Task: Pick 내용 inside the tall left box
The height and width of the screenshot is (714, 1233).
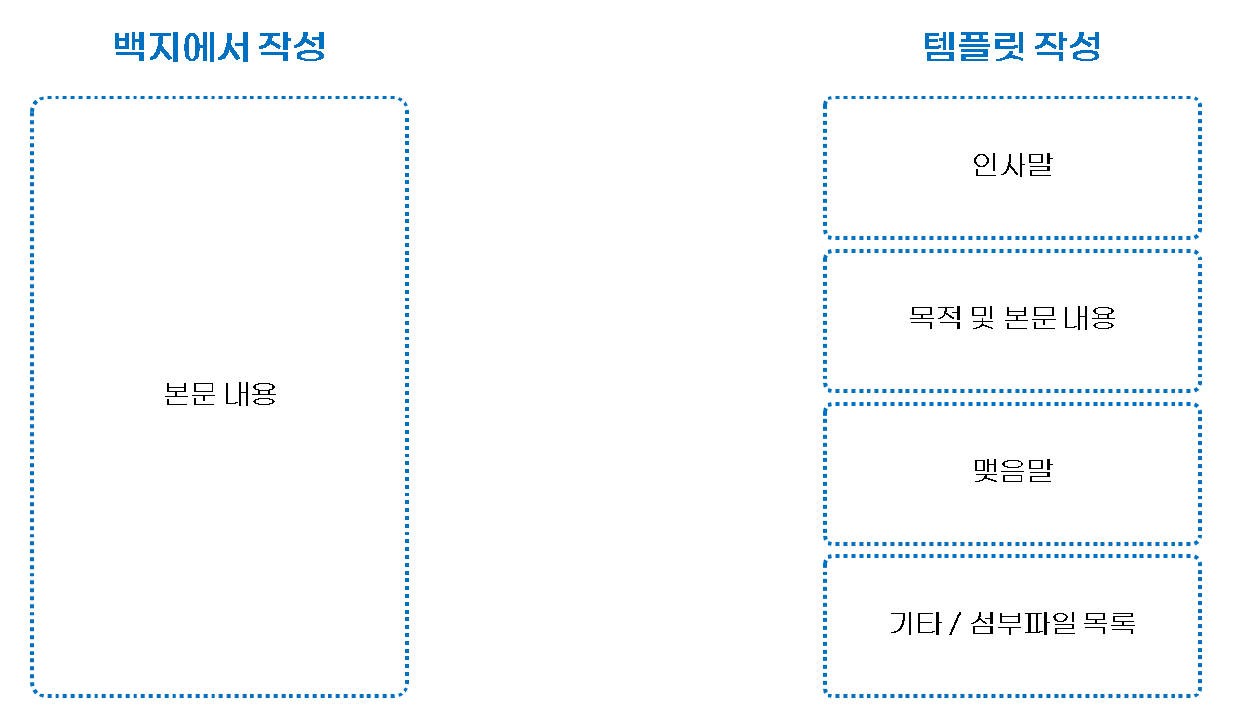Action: (x=250, y=394)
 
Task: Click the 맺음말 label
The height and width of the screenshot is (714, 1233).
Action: (x=1012, y=471)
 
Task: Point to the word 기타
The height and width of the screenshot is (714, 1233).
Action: (x=913, y=623)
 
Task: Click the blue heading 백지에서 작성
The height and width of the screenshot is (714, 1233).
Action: (x=219, y=47)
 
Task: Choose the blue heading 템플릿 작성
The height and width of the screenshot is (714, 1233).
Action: (x=1012, y=47)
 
